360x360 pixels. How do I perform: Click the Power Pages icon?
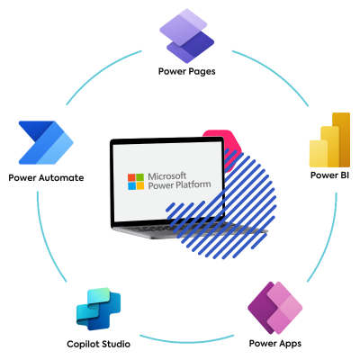pos(184,35)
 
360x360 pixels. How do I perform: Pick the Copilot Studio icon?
pos(98,311)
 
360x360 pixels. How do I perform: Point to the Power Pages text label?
pos(184,70)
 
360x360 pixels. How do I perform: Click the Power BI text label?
pos(328,174)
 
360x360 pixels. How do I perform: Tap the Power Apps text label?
pos(275,343)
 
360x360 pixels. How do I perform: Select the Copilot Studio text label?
pos(98,344)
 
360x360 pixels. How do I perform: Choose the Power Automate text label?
pos(46,177)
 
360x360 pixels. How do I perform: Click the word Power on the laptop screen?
pos(162,186)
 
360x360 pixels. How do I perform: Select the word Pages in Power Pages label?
pos(198,70)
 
